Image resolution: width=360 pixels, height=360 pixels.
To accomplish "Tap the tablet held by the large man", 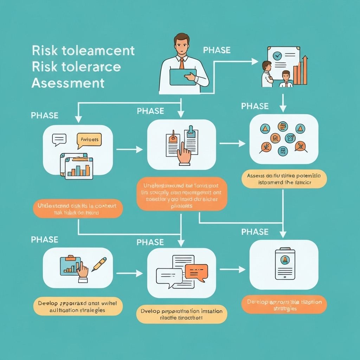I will click(x=183, y=77).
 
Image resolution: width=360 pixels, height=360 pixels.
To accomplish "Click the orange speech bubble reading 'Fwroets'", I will click(x=89, y=140).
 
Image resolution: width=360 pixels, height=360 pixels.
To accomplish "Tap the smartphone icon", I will click(x=284, y=265).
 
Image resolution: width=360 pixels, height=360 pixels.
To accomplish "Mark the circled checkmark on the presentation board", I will click(x=278, y=56).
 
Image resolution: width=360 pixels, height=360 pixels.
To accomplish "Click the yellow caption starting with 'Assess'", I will click(x=284, y=179).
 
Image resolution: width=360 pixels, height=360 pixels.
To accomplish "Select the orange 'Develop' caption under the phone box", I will click(x=284, y=305).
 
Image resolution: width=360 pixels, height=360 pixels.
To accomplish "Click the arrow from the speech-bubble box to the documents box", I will click(x=129, y=150).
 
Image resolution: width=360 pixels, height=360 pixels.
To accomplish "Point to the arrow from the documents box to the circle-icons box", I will click(x=232, y=143).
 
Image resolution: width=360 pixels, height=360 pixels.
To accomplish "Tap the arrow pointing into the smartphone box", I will click(x=232, y=270).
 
